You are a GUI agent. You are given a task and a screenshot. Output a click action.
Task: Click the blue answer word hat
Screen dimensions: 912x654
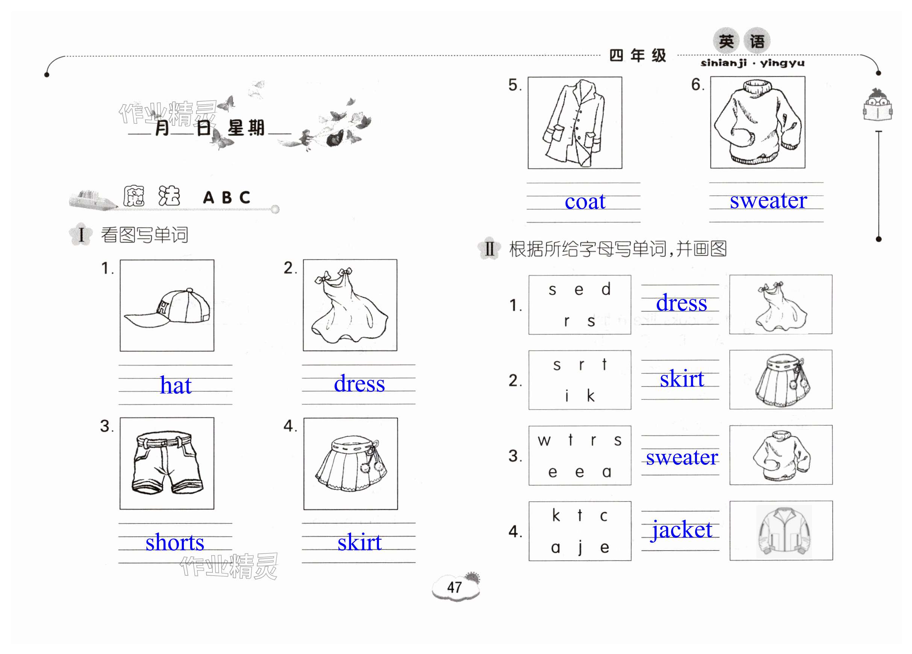(176, 385)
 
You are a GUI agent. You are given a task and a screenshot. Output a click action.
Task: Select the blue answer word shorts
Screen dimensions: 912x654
(175, 542)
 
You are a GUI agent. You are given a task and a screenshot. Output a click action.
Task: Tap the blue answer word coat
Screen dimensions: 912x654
(585, 201)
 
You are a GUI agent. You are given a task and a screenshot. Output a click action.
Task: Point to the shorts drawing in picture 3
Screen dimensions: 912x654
(167, 463)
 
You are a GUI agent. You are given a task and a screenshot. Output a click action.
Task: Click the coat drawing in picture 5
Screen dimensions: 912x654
(574, 123)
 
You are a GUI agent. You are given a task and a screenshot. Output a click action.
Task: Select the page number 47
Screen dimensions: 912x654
(454, 587)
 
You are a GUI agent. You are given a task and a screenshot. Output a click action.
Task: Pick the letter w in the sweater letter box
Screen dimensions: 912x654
(544, 441)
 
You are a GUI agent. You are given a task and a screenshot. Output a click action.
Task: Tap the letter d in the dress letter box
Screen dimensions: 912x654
(606, 289)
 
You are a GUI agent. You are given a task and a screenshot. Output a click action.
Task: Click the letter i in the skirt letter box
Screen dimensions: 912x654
(567, 396)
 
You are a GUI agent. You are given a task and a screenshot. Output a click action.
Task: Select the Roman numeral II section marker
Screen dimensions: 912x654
(489, 249)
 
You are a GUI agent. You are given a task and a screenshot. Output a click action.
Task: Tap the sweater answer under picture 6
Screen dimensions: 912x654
(768, 200)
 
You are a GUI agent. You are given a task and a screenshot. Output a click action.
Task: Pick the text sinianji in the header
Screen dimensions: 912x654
(723, 63)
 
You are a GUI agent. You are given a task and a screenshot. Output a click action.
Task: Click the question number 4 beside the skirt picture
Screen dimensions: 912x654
(289, 426)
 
